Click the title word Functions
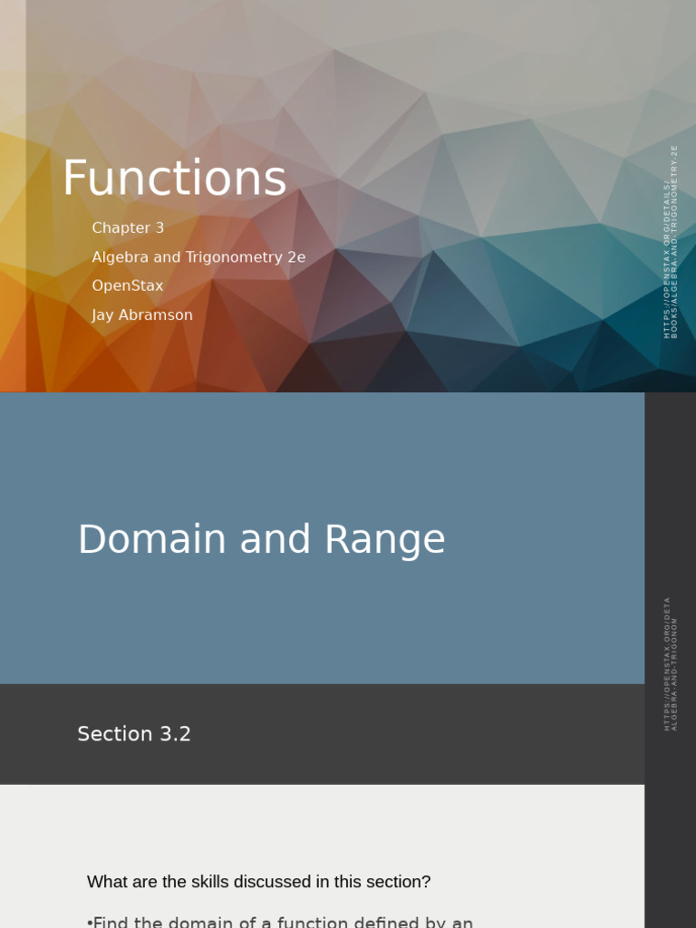174,179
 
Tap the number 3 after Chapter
159,228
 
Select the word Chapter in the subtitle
121,228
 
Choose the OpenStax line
128,286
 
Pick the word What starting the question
107,882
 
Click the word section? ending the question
398,882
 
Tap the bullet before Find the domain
90,923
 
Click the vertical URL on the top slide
671,242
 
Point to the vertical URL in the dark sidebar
671,663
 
